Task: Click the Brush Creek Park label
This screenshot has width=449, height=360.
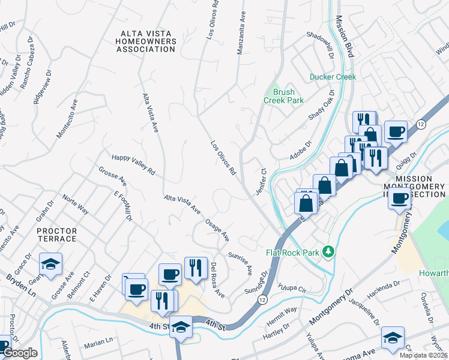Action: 283,96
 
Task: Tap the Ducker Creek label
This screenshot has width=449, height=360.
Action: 333,77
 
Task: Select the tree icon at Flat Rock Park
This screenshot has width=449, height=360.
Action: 328,250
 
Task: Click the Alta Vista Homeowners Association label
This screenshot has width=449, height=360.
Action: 148,41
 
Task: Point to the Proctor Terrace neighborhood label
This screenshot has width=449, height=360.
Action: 57,235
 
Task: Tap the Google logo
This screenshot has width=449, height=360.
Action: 19,353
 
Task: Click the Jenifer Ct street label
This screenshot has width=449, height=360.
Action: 263,179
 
